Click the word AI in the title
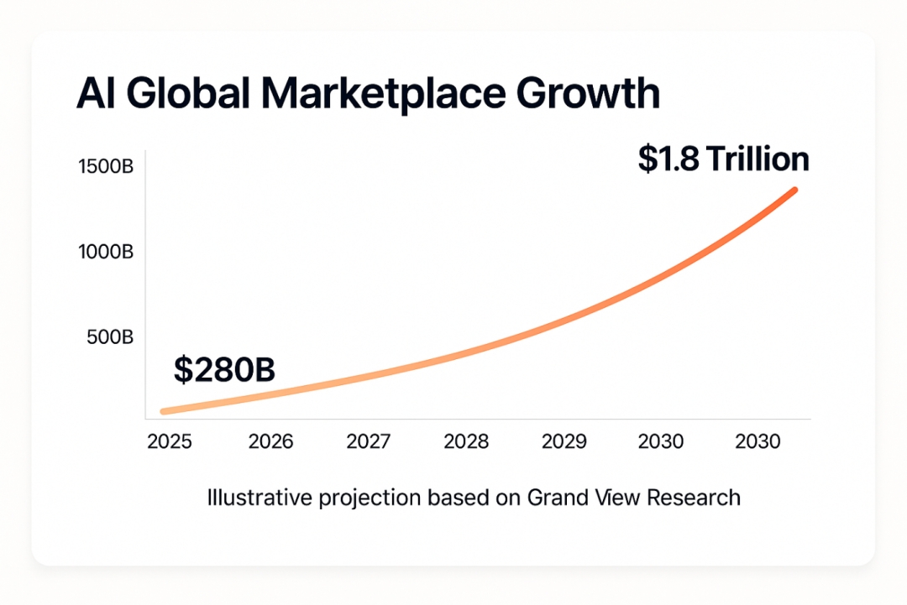95,94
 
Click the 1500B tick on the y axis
105,166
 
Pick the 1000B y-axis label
105,252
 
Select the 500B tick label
110,337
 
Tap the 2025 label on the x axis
170,441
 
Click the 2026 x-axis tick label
270,441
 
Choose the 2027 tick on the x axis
368,441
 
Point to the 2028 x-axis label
465,441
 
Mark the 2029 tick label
564,441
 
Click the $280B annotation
224,370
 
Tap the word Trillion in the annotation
757,159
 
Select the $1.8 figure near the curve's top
668,159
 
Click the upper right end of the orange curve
794,190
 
